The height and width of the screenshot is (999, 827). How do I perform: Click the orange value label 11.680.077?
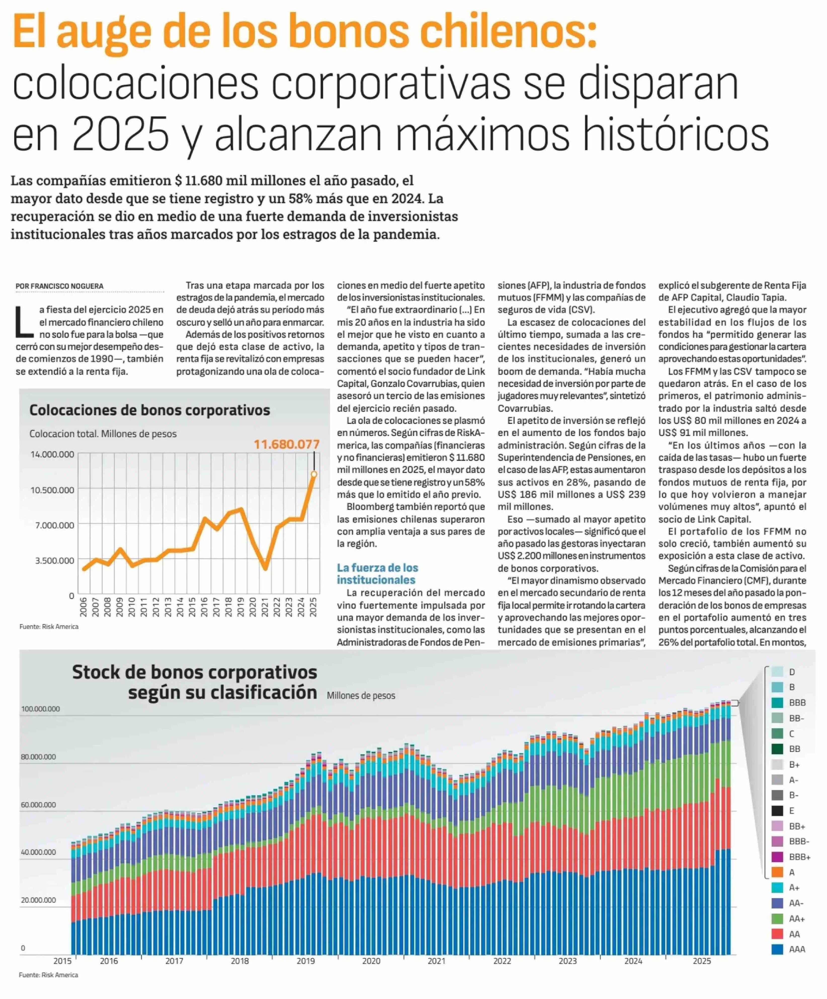[286, 444]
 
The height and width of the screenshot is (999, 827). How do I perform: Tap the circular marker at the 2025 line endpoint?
[314, 474]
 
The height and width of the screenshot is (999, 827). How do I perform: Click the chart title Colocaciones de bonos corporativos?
[149, 410]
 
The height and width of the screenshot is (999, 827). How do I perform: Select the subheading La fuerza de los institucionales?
[377, 574]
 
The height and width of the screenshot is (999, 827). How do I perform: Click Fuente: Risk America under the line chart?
[49, 627]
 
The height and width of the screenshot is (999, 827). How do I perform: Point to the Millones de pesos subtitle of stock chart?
[361, 695]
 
